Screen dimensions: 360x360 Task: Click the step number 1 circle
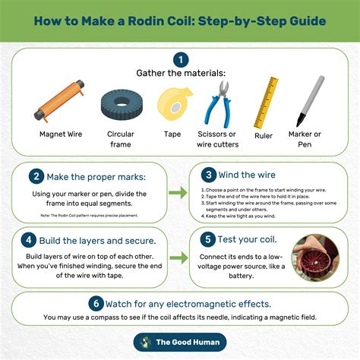(x=180, y=59)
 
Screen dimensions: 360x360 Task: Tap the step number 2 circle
(x=36, y=177)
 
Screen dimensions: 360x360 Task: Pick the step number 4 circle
(x=28, y=241)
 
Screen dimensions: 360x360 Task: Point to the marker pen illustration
(x=308, y=102)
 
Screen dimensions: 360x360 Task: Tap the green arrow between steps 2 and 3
(x=178, y=194)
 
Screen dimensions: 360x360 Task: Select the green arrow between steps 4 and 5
(x=178, y=258)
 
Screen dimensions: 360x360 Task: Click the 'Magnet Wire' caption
(x=62, y=135)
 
